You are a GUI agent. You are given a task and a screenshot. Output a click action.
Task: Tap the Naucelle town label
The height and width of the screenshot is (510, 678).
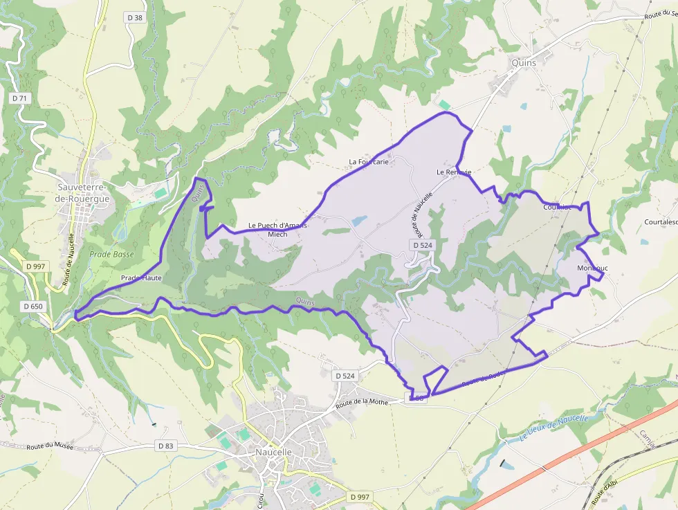tap(274, 452)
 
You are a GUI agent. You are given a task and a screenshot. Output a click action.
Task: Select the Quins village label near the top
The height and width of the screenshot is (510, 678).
tap(524, 62)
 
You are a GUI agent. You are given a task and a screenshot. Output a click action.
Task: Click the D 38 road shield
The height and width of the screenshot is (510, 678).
tap(135, 17)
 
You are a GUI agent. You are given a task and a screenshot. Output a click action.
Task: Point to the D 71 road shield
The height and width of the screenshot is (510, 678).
tap(19, 98)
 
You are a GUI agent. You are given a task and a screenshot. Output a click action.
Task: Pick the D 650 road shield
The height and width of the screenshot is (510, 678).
tap(33, 306)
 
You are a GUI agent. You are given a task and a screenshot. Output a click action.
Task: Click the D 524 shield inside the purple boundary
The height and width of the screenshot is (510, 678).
tap(422, 245)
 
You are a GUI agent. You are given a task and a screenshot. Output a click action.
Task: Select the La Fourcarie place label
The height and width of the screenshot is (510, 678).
tap(369, 162)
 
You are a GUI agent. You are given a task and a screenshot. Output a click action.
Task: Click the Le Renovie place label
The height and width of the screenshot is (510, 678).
tap(454, 172)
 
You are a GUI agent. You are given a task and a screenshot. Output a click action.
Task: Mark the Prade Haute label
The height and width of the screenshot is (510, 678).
tap(141, 277)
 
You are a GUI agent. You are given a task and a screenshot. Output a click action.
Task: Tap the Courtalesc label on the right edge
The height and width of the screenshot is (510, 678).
tap(660, 222)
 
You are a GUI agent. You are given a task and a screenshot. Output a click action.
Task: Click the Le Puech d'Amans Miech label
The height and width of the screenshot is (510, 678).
tap(277, 230)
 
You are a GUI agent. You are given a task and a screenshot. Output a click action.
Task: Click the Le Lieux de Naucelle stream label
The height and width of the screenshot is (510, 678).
tap(553, 428)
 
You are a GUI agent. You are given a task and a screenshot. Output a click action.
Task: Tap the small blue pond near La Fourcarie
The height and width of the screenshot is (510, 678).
tap(358, 221)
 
